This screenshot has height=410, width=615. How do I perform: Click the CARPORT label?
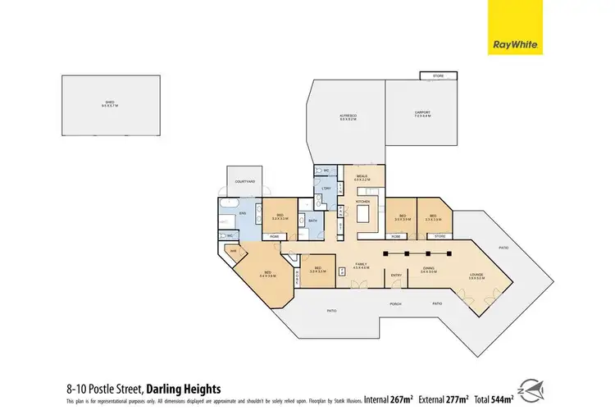coord(422,114)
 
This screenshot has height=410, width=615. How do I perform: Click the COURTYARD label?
coord(244,181)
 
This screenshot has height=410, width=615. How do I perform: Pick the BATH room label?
coord(312,220)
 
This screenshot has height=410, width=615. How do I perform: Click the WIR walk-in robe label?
coord(234,251)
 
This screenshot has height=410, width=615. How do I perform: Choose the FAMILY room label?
coord(359,264)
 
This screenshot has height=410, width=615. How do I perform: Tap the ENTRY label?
coord(396,275)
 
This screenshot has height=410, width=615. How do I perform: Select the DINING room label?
coord(428,269)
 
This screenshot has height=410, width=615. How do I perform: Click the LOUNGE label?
coord(476,276)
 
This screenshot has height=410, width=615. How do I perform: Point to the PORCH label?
coord(395,304)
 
